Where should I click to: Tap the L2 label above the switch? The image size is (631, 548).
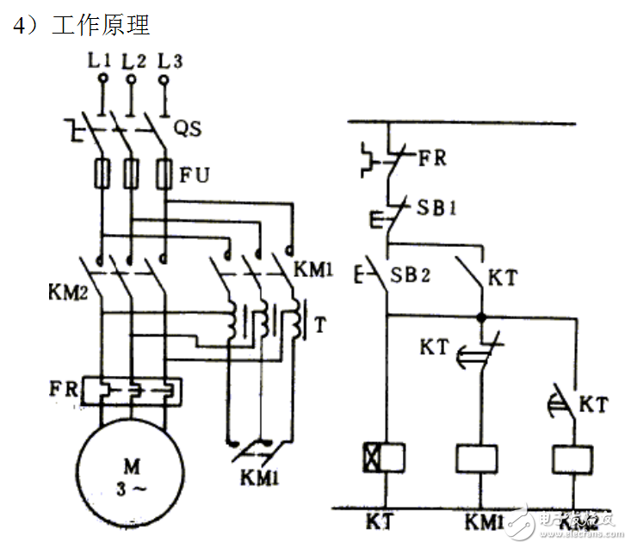point(133,61)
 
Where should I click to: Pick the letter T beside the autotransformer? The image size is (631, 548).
point(320,325)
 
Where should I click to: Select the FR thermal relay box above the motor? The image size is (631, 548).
point(130,391)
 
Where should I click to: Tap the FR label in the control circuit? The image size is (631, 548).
point(432,158)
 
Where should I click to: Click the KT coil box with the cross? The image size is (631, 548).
point(382,456)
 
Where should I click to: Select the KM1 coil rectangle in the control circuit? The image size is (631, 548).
point(479,457)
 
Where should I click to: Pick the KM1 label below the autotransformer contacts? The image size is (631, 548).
point(258,474)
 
